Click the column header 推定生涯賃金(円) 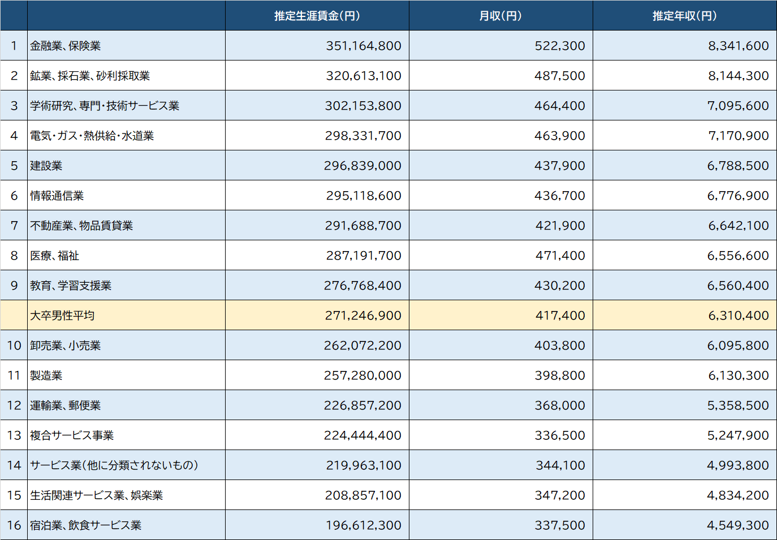(x=317, y=16)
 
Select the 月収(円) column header (x=500, y=16)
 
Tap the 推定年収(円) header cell (x=684, y=16)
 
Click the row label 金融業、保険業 (x=65, y=46)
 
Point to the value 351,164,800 (x=363, y=46)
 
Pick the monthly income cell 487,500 (x=559, y=76)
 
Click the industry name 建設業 (x=46, y=166)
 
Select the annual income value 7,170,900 (x=738, y=136)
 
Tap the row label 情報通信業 (x=57, y=196)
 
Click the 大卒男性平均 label (x=62, y=316)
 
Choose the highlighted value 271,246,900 (x=362, y=316)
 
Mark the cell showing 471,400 (x=560, y=256)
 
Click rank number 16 (x=14, y=525)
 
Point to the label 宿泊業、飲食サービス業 (x=85, y=525)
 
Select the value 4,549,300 (x=737, y=525)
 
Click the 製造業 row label (x=46, y=375)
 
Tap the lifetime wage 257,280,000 (x=362, y=375)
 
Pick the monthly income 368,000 (x=559, y=405)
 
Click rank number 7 (x=14, y=226)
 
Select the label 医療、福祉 (x=54, y=256)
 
